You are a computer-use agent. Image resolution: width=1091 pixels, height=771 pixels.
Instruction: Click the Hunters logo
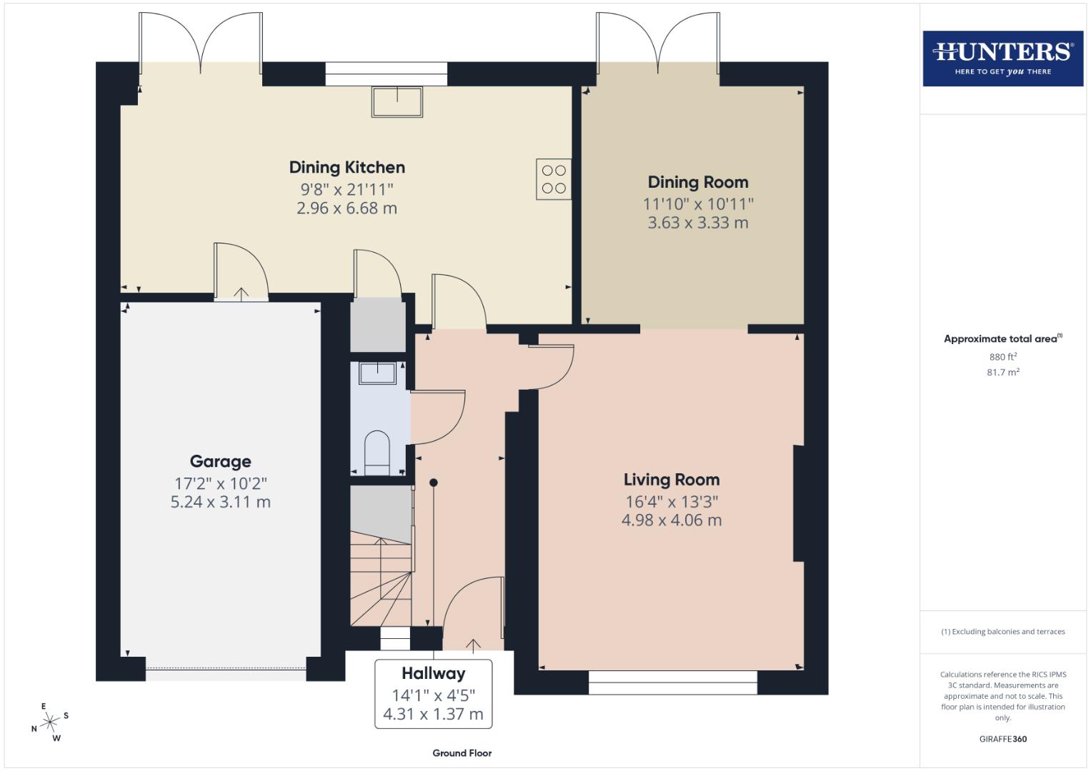[1002, 58]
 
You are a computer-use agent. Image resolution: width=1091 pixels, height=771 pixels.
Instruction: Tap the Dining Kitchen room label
[347, 167]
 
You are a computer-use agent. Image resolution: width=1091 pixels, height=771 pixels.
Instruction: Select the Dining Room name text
[697, 182]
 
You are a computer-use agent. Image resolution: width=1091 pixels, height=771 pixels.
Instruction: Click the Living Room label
[671, 480]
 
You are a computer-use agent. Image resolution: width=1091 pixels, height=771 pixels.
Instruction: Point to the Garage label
[220, 461]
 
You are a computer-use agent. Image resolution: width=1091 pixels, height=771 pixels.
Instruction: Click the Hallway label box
[433, 693]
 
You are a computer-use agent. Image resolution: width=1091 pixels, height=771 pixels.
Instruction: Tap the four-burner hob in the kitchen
[554, 179]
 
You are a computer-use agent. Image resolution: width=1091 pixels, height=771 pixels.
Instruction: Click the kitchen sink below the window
[397, 101]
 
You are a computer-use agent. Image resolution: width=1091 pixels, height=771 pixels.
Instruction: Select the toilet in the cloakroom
[377, 453]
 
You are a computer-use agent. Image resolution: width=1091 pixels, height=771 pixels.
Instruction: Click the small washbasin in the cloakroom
[377, 373]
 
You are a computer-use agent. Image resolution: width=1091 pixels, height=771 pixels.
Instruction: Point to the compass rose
[50, 722]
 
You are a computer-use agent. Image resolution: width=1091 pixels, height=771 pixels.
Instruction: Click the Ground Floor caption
[462, 753]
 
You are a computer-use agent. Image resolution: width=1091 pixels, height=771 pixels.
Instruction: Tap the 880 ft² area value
[1002, 357]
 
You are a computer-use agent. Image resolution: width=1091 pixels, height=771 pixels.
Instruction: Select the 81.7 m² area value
[1002, 372]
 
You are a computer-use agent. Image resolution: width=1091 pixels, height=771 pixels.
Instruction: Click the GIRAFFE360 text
[1002, 739]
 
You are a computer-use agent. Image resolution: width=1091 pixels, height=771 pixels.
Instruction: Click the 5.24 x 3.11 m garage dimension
[220, 502]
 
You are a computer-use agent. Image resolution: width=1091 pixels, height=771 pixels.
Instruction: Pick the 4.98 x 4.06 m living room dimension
[671, 520]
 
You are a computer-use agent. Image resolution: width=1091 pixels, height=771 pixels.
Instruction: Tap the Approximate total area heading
[1002, 339]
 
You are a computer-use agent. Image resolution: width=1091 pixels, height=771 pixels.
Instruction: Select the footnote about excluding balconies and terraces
[1002, 632]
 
